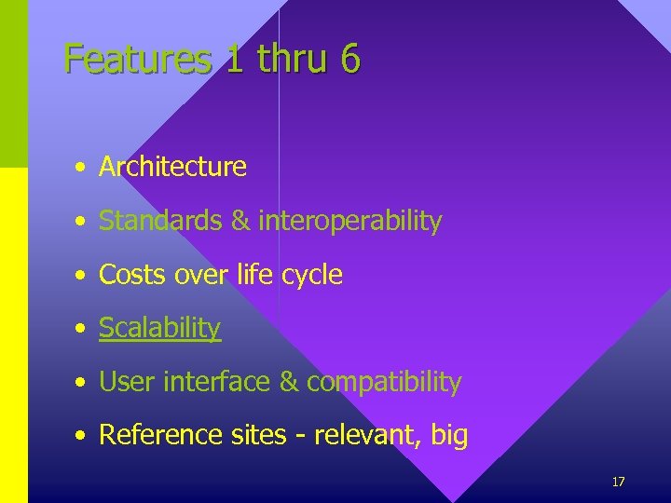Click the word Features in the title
click(x=138, y=60)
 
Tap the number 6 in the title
click(x=349, y=59)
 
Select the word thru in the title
click(x=293, y=59)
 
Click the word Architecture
click(x=172, y=167)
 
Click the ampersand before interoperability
click(x=240, y=221)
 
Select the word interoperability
click(x=349, y=221)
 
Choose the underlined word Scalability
click(x=159, y=328)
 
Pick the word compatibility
click(x=384, y=382)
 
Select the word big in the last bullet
click(x=449, y=436)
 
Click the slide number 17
click(x=618, y=482)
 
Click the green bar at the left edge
click(x=13, y=84)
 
